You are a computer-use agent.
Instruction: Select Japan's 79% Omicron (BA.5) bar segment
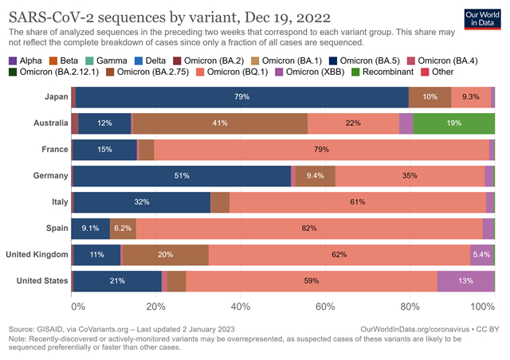(x=242, y=97)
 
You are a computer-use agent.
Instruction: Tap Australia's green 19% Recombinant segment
(x=454, y=123)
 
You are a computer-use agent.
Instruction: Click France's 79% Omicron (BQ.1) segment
(x=322, y=150)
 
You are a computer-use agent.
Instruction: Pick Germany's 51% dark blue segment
(x=182, y=176)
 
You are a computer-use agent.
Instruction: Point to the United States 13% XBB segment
(x=465, y=281)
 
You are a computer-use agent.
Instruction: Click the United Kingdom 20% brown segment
(x=165, y=255)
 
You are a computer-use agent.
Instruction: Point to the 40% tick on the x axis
(x=241, y=306)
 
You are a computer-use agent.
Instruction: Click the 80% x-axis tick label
(x=410, y=306)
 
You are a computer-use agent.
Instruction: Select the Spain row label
(x=52, y=229)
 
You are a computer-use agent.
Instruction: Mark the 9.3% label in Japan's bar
(x=470, y=97)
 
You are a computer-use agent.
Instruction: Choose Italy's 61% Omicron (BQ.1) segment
(x=357, y=202)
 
